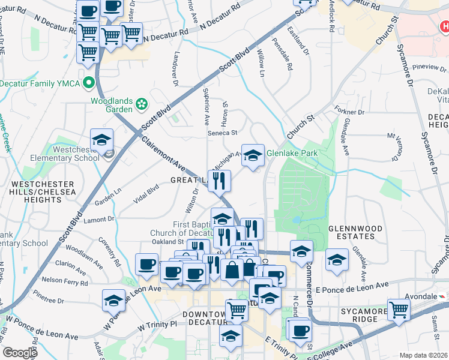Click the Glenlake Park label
292,153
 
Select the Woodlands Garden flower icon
142,104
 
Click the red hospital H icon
444,26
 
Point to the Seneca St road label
223,133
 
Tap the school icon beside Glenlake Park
253,155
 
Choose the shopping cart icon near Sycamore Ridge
398,310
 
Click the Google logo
20,353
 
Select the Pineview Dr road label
427,67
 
